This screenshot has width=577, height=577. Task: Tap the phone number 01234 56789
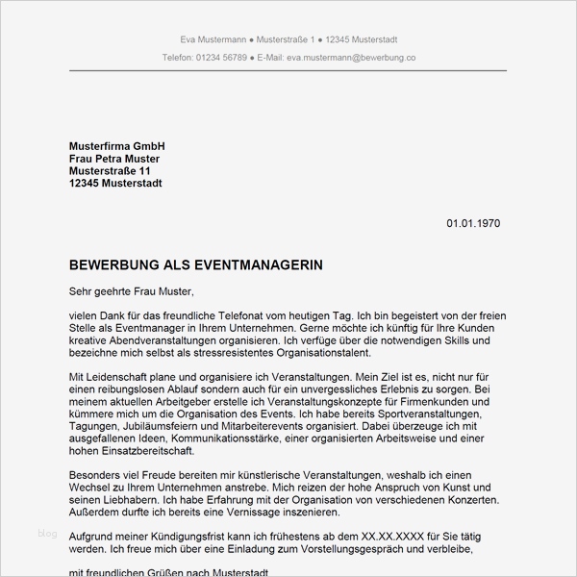[220, 58]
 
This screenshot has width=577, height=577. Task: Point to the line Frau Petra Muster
[114, 158]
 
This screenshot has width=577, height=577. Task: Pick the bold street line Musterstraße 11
[110, 170]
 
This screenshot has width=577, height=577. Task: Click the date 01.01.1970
[473, 224]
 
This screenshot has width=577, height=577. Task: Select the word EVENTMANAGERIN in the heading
[254, 263]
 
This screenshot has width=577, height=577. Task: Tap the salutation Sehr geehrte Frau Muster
[132, 290]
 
